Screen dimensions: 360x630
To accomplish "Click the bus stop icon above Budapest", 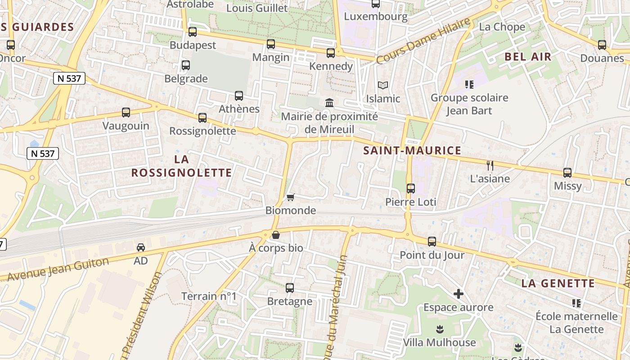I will coord(193,32).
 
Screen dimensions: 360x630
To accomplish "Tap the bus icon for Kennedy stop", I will coord(331,53).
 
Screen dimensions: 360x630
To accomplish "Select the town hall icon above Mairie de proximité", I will coord(329,103).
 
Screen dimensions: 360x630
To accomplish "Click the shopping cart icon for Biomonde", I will coord(290,197).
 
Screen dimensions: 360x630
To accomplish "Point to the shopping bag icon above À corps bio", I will coord(276,235).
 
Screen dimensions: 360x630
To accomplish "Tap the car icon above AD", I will coord(141,247).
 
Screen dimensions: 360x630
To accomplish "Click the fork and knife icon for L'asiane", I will coord(490,166).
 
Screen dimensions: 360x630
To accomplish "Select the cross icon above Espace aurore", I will coord(459,294).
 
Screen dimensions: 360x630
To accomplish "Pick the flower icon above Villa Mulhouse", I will coord(440,329).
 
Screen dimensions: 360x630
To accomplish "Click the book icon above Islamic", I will coord(383,85).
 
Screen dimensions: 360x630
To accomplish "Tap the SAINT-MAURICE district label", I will coord(412,151).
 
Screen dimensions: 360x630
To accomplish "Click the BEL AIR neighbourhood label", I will coord(528,57).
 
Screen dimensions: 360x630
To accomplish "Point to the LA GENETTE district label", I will coord(558,283).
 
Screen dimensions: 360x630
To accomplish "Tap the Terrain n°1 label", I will coord(209,296).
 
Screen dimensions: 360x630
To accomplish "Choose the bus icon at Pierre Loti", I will coord(411,189).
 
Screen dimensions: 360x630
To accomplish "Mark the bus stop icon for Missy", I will coord(567,173).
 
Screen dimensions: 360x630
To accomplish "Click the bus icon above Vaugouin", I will coord(126,112).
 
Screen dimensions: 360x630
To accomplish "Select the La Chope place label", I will coord(502,27).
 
